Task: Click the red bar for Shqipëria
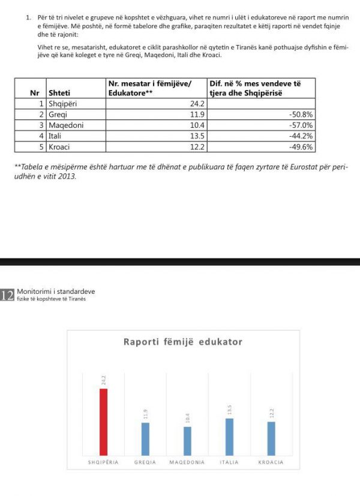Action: coord(103,421)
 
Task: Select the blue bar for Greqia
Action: coord(146,438)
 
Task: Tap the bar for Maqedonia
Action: coord(187,440)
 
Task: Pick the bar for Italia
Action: coord(229,436)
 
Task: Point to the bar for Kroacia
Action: coord(271,438)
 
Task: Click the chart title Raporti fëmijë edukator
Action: coord(183,342)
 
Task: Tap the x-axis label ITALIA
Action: coord(229,462)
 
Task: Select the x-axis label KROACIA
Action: coord(271,462)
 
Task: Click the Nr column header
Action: coord(35,92)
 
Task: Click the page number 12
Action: coord(7,295)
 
